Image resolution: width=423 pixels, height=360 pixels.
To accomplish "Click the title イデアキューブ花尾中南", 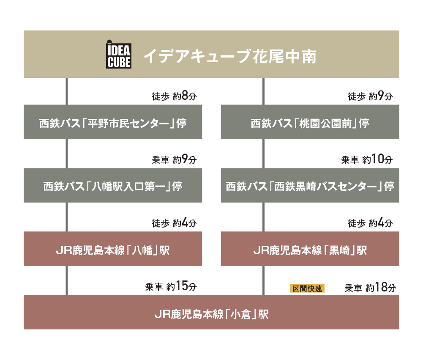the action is click(230, 56).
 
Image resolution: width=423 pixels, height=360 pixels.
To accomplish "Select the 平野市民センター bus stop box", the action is click(113, 122).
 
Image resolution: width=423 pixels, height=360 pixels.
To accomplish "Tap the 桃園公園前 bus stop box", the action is click(310, 122).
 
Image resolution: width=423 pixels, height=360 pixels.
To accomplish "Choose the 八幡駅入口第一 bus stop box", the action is click(113, 185).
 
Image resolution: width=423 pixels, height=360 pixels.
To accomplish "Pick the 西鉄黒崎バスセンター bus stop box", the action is click(310, 185).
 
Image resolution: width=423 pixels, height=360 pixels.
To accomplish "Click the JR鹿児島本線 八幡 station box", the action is click(113, 249).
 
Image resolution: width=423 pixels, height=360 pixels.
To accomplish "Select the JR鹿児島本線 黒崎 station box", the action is click(310, 249).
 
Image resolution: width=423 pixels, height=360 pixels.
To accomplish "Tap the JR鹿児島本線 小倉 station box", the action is click(211, 312).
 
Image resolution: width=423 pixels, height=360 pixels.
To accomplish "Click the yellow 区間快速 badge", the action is click(307, 289).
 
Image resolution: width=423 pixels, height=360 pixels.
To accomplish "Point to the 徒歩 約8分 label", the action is click(174, 96).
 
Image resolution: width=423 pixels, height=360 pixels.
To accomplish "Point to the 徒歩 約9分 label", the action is click(370, 96).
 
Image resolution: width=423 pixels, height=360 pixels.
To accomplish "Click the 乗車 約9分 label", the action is click(174, 159).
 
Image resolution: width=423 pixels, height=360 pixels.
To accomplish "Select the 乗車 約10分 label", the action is click(367, 159).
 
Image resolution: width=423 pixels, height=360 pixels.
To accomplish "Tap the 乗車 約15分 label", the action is click(171, 286).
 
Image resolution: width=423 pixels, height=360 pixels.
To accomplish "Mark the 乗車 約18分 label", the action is click(371, 287).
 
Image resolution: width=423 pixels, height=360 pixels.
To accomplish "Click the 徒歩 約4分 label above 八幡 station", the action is click(174, 223).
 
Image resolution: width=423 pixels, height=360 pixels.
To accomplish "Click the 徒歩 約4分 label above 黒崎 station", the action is click(370, 223).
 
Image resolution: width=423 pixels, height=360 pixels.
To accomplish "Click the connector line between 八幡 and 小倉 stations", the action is click(67, 280).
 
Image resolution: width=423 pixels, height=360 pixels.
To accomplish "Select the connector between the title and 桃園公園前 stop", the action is click(263, 91).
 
